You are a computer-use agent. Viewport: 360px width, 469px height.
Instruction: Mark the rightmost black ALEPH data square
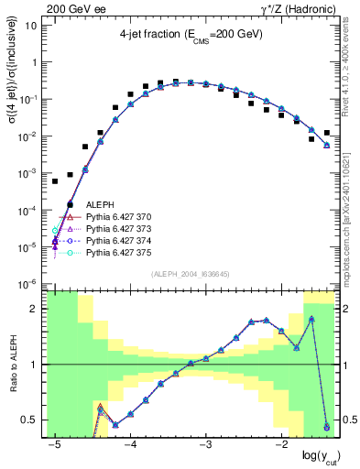[327, 133]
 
